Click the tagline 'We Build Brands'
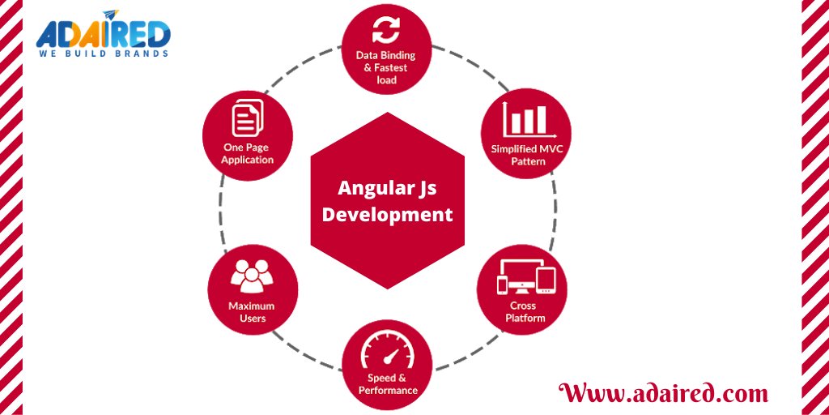(104, 53)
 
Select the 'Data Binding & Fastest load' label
(387, 67)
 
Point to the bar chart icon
(526, 119)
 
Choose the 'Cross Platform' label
(522, 312)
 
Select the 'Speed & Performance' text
(388, 384)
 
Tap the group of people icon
(252, 276)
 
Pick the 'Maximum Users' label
(251, 312)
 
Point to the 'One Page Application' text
(248, 154)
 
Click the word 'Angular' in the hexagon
(371, 188)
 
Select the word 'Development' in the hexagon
(387, 215)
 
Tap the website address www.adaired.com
(663, 394)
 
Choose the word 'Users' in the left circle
(252, 319)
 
